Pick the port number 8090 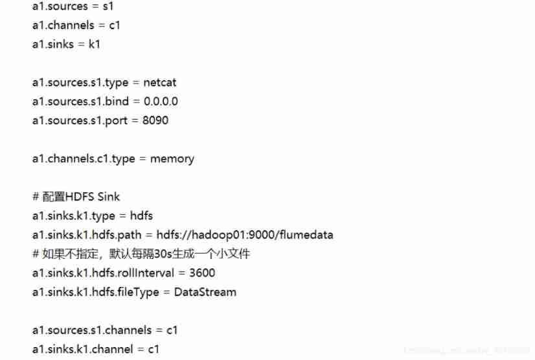(155, 120)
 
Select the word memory (172, 159)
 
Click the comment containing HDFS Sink (76, 197)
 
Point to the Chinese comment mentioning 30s (141, 254)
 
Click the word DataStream (205, 292)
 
